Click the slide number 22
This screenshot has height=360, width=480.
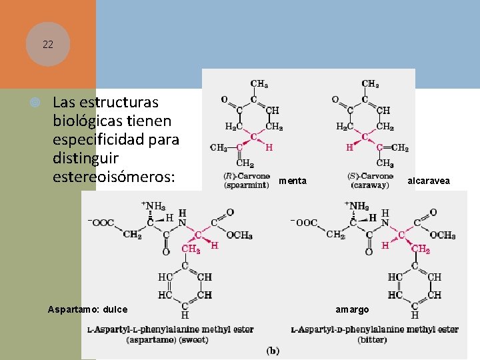[x=47, y=45]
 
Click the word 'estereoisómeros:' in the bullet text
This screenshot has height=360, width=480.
[x=113, y=178]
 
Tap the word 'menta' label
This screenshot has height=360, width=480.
[x=293, y=181]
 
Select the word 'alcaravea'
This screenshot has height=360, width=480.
[x=428, y=181]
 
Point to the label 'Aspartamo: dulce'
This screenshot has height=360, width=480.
[x=88, y=309]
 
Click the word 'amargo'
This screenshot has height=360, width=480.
[x=351, y=309]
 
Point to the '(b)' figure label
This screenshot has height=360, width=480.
[x=273, y=351]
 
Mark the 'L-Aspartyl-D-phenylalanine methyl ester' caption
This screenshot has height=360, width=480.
[x=375, y=329]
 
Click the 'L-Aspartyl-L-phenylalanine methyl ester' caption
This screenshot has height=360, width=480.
[x=171, y=329]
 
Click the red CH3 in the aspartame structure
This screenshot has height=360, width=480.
[x=191, y=249]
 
